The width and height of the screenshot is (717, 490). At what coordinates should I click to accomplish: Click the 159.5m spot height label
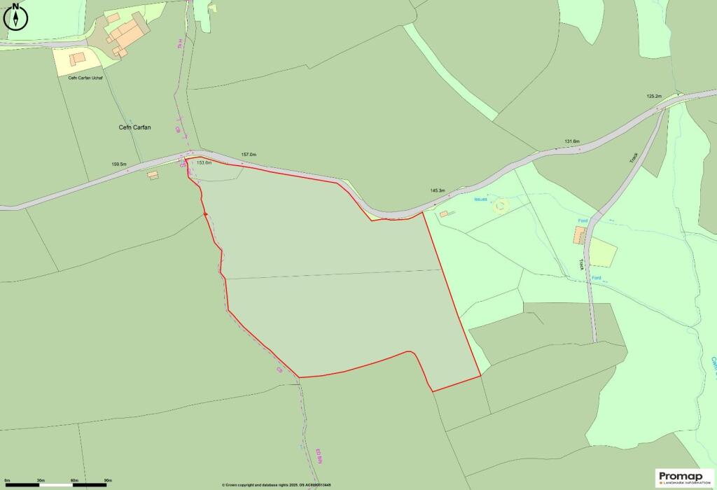[x=119, y=164]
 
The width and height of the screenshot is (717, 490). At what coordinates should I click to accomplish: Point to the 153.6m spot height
[x=204, y=162]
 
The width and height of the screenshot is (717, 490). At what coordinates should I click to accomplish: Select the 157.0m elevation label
[x=249, y=154]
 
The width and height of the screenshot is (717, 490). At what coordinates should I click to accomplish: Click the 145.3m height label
[x=438, y=190]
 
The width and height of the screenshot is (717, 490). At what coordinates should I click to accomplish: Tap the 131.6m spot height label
[x=572, y=141]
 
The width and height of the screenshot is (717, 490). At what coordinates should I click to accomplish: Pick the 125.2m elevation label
[x=654, y=96]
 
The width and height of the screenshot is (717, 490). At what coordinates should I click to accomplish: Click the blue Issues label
[x=480, y=199]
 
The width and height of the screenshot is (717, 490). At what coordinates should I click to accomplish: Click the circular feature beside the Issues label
[x=500, y=206]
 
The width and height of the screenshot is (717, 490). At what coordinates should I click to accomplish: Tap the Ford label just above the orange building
[x=583, y=221]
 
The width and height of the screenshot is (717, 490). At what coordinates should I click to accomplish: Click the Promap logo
[x=684, y=477]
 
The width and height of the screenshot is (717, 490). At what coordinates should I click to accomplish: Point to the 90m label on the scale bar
[x=107, y=480]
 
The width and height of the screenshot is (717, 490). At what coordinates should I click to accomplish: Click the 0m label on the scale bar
[x=6, y=480]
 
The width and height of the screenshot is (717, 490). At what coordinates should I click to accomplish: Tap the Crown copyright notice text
[x=276, y=484]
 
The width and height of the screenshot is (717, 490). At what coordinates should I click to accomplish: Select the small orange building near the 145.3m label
[x=443, y=213]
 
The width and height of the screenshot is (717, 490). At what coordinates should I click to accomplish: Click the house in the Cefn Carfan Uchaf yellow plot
[x=77, y=59]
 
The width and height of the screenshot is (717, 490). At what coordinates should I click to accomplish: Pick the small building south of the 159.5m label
[x=153, y=175]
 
